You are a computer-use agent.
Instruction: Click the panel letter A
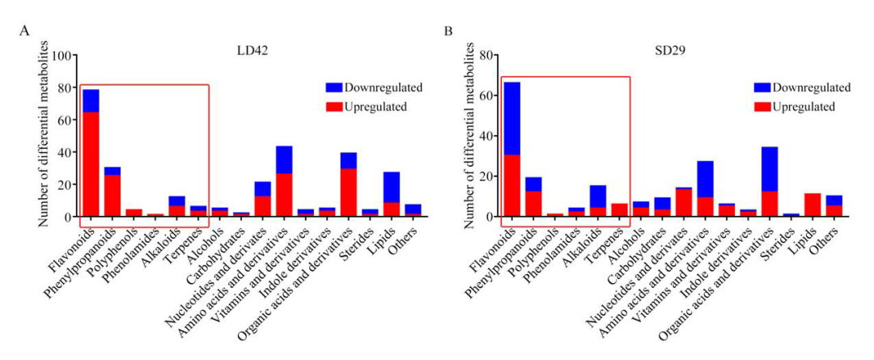[x=25, y=32]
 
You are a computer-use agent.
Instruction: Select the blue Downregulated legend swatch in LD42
[x=334, y=87]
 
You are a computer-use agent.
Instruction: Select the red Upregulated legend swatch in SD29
[x=762, y=107]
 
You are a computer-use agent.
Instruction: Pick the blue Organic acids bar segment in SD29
[x=769, y=169]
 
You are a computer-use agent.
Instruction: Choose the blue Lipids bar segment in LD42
[x=392, y=187]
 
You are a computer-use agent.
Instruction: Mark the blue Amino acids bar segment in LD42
[x=284, y=160]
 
